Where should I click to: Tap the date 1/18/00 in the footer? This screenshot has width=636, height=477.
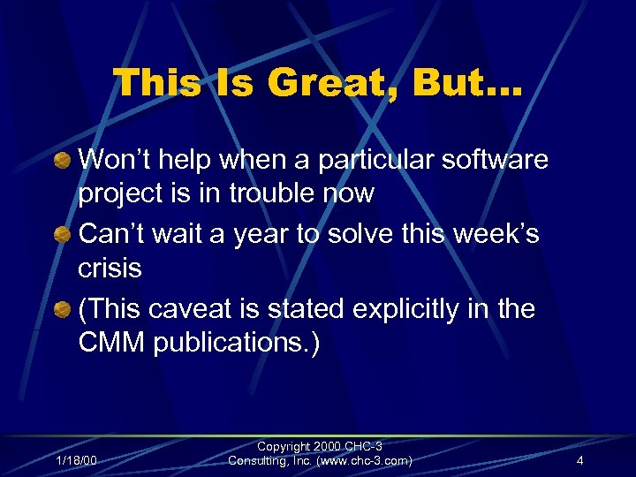77,461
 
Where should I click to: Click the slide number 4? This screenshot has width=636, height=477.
579,461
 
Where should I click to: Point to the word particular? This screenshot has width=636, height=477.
383,160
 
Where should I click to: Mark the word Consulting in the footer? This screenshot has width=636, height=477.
258,461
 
